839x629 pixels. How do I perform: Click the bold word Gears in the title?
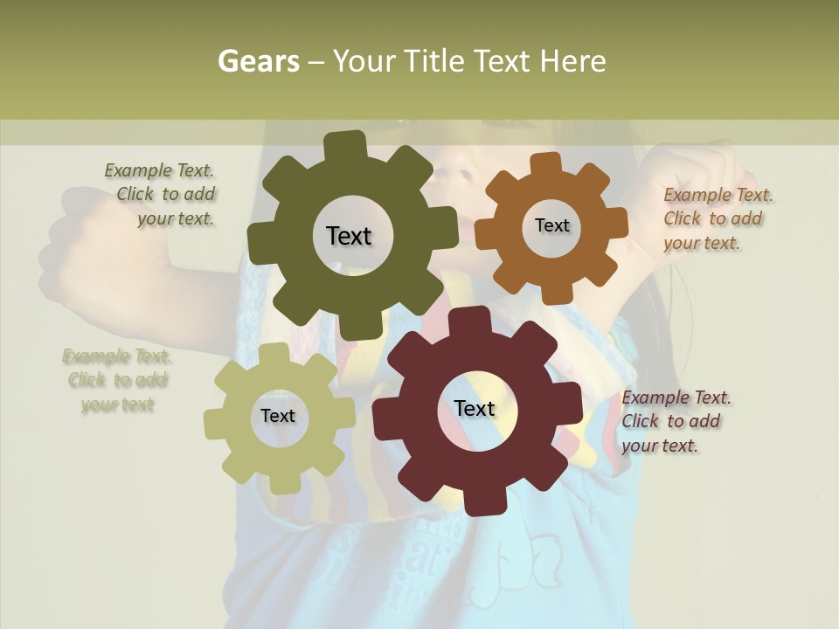coord(258,61)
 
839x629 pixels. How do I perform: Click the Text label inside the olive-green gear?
coord(349,236)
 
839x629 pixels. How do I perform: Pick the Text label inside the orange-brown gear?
coord(551,225)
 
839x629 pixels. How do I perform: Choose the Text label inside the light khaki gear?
coord(278,416)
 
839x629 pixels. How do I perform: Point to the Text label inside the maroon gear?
coord(475,408)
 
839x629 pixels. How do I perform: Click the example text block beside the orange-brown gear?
coord(717,219)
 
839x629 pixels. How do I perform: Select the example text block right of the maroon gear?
coord(675,421)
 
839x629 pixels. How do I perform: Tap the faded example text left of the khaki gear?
coord(116,380)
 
